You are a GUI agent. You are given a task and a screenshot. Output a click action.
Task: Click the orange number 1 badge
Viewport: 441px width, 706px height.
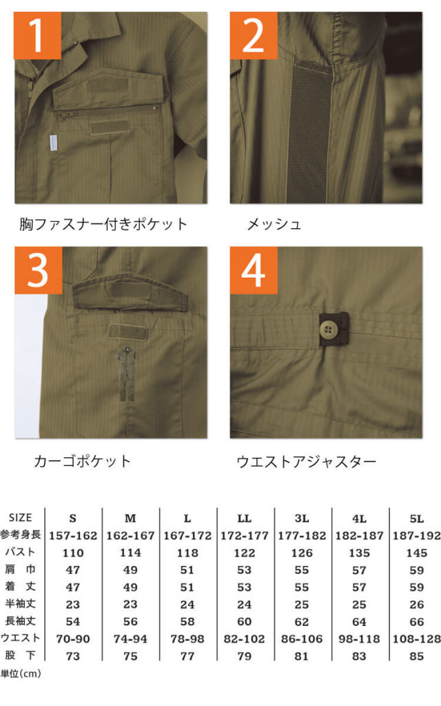pyautogui.click(x=37, y=36)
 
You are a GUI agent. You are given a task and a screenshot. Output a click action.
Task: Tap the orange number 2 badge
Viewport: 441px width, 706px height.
pyautogui.click(x=254, y=36)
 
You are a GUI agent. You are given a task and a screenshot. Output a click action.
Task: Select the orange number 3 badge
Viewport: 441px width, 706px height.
pyautogui.click(x=39, y=270)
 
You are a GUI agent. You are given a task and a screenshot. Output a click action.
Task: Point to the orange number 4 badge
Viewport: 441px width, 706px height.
pyautogui.click(x=254, y=270)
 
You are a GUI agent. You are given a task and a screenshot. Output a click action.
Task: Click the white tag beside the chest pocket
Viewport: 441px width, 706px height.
pyautogui.click(x=53, y=143)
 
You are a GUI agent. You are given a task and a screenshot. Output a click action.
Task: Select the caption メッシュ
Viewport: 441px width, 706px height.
pyautogui.click(x=274, y=224)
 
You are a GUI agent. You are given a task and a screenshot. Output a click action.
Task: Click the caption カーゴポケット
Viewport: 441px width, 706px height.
pyautogui.click(x=83, y=461)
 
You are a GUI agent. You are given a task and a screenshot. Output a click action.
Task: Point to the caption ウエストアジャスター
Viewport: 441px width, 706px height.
pyautogui.click(x=306, y=461)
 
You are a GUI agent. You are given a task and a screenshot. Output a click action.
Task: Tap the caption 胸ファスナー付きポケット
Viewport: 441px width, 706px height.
pyautogui.click(x=103, y=224)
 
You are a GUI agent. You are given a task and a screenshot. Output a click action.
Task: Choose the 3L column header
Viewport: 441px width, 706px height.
pyautogui.click(x=302, y=518)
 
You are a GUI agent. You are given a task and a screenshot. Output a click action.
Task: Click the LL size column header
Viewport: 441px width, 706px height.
pyautogui.click(x=245, y=518)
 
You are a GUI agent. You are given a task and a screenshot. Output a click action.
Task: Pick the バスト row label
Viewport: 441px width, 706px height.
pyautogui.click(x=20, y=552)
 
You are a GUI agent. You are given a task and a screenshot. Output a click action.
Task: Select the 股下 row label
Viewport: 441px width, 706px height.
pyautogui.click(x=20, y=655)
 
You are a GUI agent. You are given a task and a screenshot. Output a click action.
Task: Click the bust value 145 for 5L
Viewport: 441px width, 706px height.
pyautogui.click(x=417, y=553)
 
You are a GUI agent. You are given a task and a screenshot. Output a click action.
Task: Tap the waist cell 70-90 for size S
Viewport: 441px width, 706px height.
pyautogui.click(x=73, y=639)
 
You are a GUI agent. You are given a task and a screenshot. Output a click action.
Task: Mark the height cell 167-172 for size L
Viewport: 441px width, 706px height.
pyautogui.click(x=187, y=536)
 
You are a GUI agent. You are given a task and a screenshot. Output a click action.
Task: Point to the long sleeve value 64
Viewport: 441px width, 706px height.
pyautogui.click(x=359, y=622)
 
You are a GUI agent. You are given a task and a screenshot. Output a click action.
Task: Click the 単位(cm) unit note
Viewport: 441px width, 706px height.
pyautogui.click(x=21, y=674)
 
